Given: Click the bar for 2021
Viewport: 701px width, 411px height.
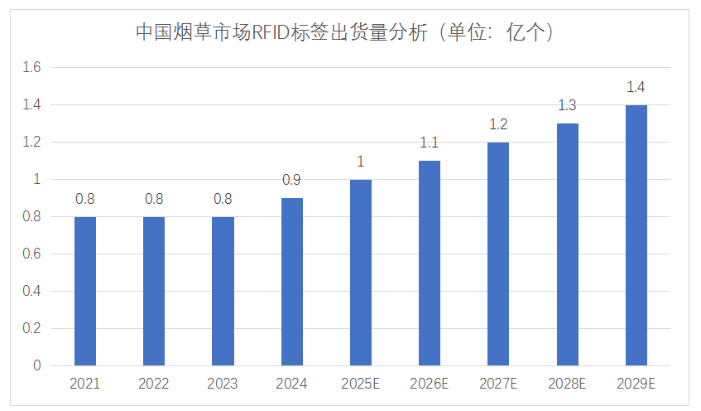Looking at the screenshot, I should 85,291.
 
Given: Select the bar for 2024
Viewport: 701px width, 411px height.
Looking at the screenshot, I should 292,282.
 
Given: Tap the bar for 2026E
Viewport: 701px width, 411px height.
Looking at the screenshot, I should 430,263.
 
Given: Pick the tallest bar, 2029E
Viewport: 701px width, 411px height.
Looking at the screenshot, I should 636,235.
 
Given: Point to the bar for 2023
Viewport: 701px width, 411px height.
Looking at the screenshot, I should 223,291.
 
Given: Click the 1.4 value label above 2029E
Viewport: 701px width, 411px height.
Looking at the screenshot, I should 636,87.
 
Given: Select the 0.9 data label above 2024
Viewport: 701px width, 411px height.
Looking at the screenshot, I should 292,180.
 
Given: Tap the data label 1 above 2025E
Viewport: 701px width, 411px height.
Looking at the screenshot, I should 361,162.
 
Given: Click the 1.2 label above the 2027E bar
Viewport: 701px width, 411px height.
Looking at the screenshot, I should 498,124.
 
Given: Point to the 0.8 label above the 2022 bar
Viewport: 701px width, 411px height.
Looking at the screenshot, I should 154,199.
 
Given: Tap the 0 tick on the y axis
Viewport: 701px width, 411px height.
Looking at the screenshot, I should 36,365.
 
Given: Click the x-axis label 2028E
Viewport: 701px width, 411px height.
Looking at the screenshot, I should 567,384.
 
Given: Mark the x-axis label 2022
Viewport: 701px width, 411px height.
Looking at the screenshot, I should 154,384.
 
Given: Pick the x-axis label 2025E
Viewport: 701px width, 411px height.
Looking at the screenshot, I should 361,384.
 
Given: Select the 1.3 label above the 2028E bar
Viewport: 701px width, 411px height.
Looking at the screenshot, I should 567,105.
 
